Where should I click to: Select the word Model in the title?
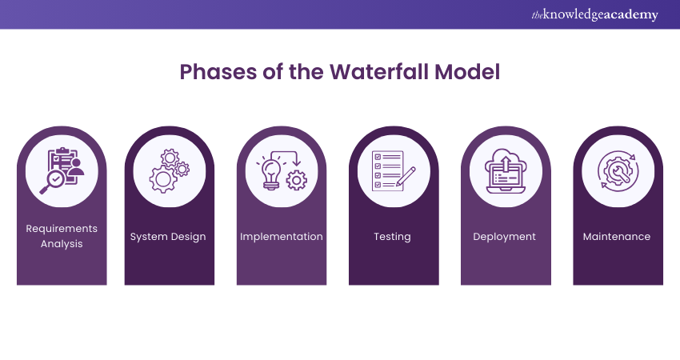point(468,71)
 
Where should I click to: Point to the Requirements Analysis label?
point(62,236)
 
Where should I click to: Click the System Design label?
point(168,237)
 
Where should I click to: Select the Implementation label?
point(282,237)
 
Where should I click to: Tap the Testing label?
point(392,237)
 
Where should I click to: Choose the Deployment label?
point(504,237)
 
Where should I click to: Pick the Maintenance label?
point(617,237)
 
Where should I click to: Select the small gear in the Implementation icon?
point(297,181)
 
